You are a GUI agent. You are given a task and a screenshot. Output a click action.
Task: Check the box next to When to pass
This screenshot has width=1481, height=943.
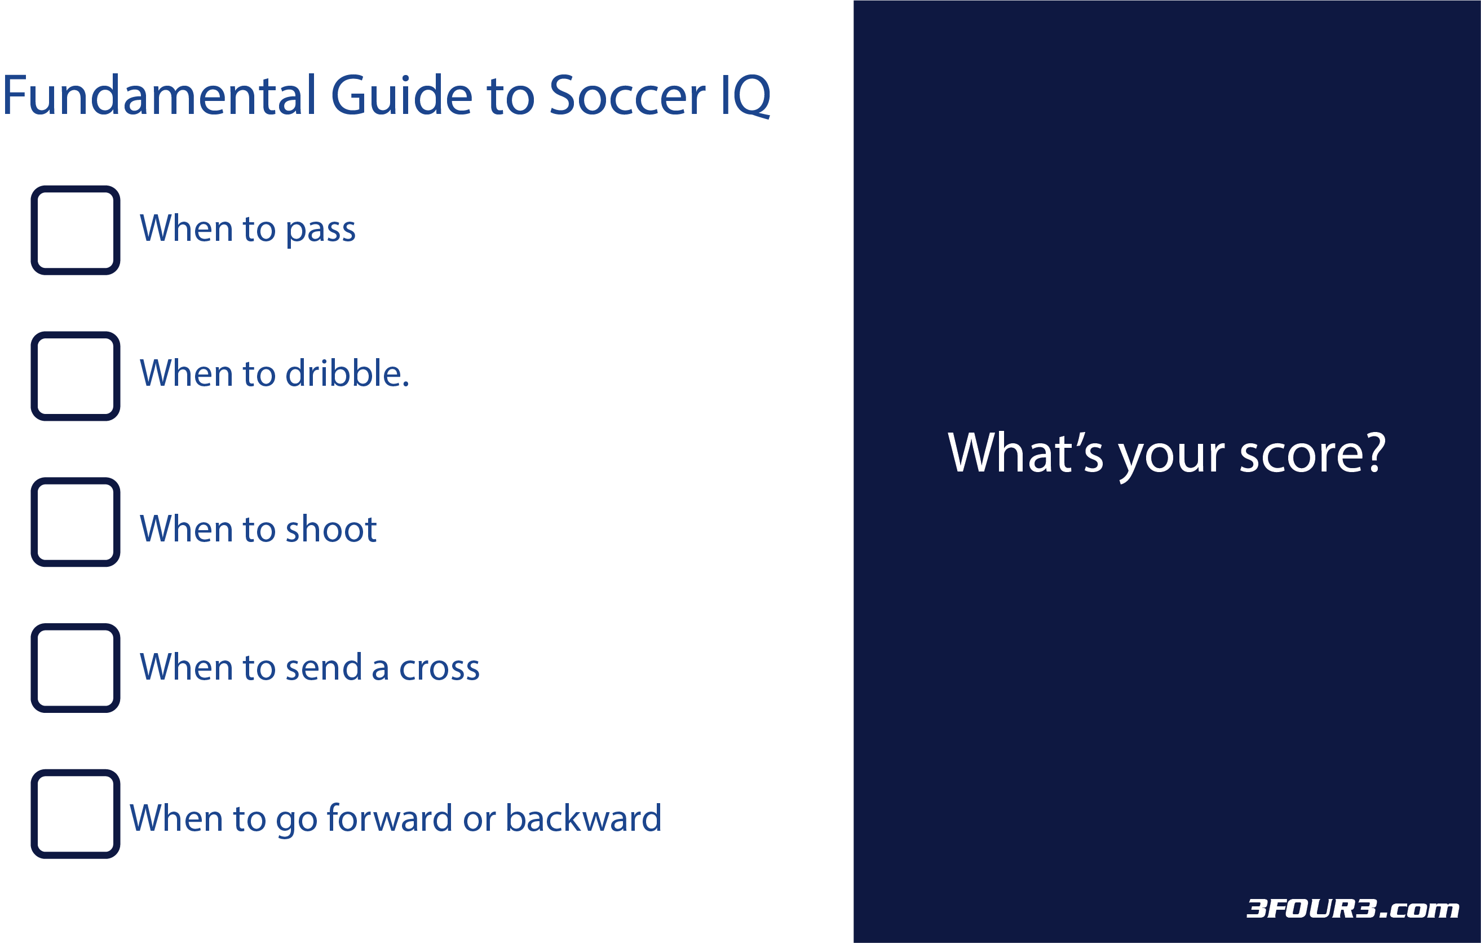[76, 230]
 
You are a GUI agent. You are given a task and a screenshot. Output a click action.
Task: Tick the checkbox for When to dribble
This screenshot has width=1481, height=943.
[76, 376]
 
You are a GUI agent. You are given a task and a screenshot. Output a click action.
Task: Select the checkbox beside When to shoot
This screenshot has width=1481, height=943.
[76, 522]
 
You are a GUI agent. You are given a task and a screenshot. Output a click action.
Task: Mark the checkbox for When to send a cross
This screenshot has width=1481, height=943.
[76, 667]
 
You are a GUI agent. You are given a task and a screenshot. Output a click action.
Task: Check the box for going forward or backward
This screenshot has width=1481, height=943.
[76, 813]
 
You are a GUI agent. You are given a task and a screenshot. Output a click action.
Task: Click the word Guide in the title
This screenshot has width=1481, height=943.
[401, 95]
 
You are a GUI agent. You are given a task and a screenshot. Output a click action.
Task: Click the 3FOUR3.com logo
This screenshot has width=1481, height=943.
[1352, 909]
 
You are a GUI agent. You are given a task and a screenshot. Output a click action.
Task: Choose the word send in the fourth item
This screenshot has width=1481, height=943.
[324, 667]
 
